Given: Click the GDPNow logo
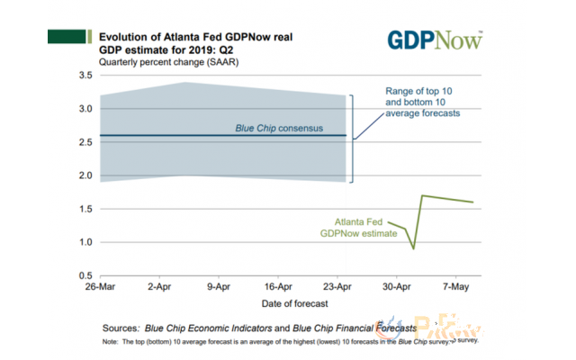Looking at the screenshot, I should click(436, 40).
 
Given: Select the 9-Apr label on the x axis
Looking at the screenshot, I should click(221, 288).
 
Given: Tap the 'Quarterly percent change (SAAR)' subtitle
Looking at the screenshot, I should click(150, 61).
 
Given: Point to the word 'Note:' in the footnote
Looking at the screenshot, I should click(112, 343).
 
